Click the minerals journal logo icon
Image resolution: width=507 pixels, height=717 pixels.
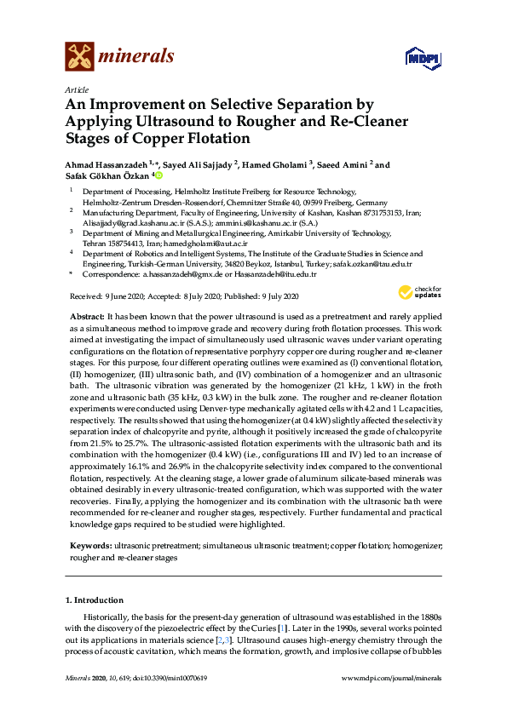coord(81,57)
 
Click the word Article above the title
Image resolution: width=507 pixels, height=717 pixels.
coord(75,89)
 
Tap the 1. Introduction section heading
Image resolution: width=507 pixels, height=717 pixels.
coord(95,601)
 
